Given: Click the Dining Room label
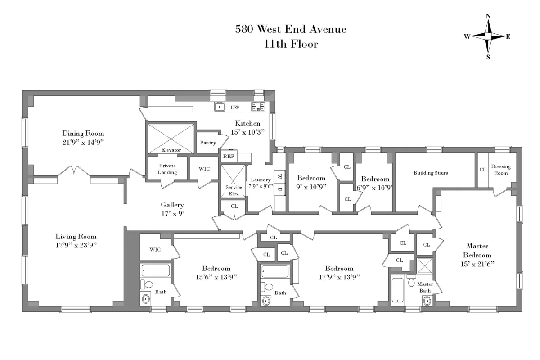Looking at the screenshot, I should click(83, 133).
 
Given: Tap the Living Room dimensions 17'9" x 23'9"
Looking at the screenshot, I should click(76, 245).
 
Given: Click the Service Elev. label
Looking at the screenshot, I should click(233, 190).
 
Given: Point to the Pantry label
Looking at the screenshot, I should click(208, 143).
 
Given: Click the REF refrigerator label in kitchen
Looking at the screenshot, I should click(228, 157).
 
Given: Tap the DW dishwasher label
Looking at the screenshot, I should click(235, 108).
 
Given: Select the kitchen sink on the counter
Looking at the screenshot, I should click(220, 107).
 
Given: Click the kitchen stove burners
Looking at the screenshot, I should click(258, 107).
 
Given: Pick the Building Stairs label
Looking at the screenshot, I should click(431, 172).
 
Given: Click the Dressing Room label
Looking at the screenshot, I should click(501, 170).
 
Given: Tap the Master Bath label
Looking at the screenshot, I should click(425, 287).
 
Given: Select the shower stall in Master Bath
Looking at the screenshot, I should click(424, 266).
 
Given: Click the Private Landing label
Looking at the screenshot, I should click(167, 169).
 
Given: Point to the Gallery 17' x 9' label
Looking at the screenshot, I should click(172, 209).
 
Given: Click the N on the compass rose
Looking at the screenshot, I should click(488, 16).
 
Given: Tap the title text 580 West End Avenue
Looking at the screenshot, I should click(291, 30).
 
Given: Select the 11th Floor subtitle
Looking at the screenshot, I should click(291, 44).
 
